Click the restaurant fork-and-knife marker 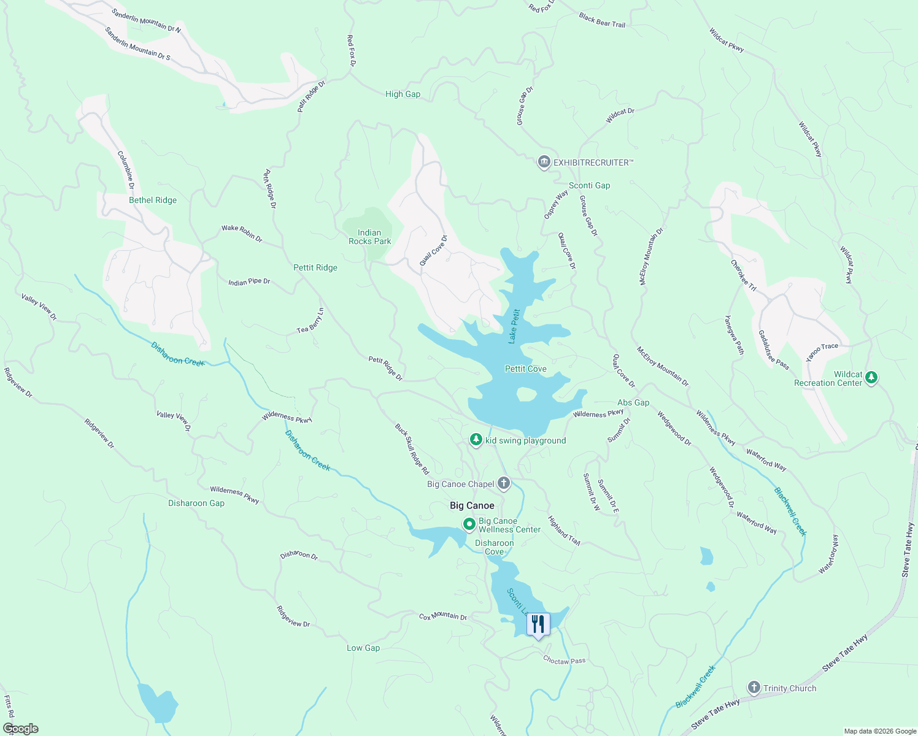[538, 624]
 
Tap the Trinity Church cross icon [754, 688]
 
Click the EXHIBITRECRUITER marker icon [544, 163]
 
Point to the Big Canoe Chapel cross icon [503, 484]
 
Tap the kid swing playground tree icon [476, 440]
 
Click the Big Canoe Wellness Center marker [469, 524]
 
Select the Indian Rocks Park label [369, 237]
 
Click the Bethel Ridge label [153, 200]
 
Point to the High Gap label [403, 94]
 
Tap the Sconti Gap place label [589, 185]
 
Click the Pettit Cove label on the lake [525, 369]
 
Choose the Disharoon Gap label [196, 503]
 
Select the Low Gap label [363, 648]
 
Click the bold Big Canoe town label [472, 505]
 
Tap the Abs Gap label [633, 402]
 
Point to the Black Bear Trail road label [602, 20]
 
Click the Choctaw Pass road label [564, 661]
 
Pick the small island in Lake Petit [526, 394]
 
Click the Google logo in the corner [20, 728]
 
